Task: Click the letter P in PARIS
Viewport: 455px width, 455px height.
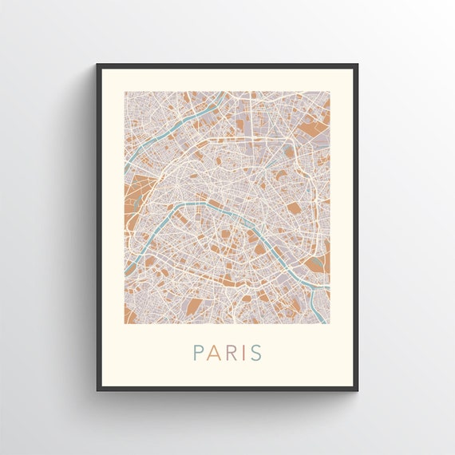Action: coord(197,352)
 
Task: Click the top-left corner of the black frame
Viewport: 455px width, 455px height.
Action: coord(97,65)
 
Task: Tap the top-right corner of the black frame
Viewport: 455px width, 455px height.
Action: coord(357,65)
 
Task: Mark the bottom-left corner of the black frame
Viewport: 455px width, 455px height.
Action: coord(97,390)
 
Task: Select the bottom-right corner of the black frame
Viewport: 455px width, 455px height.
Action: coord(357,390)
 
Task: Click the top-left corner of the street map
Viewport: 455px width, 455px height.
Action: coord(125,91)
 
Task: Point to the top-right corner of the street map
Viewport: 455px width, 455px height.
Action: coord(330,91)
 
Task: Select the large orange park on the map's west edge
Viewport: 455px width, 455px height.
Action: coord(133,200)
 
